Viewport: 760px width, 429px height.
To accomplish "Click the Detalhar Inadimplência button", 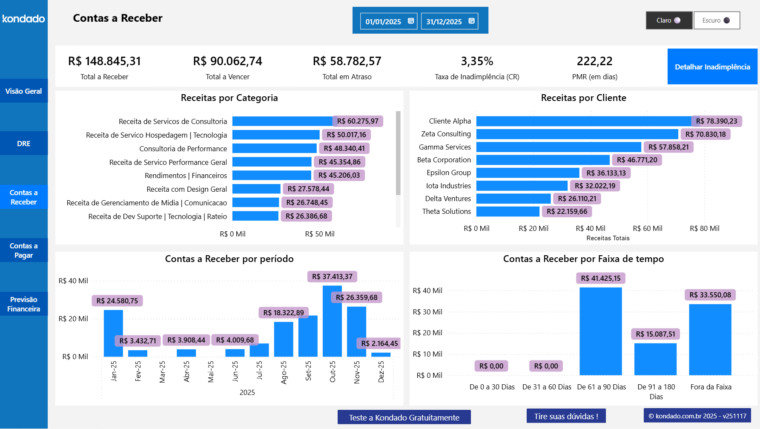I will point(712,67).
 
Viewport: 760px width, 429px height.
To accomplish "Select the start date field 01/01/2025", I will point(389,21).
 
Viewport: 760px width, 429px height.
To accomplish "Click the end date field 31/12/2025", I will point(449,21).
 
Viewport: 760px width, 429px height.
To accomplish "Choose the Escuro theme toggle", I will point(717,20).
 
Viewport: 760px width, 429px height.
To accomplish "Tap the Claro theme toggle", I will point(668,20).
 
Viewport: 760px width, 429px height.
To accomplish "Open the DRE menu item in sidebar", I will point(24,144).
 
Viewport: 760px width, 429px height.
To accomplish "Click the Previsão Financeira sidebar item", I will point(24,304).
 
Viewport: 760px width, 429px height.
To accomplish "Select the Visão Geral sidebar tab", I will point(24,91).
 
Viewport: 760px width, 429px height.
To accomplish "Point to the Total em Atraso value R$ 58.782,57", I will point(347,61).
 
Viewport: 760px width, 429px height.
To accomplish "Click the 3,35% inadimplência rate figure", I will point(477,61).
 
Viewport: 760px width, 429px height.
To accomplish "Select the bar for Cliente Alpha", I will point(583,121).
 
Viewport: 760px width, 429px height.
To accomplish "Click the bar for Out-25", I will point(332,324).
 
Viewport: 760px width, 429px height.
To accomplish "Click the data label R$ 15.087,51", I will point(655,334).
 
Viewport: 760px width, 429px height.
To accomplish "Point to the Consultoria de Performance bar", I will point(274,149).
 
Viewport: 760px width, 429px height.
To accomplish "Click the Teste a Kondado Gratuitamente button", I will point(404,417).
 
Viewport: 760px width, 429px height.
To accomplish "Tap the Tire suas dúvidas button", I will point(566,416).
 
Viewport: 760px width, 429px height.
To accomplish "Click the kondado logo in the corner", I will point(24,19).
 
